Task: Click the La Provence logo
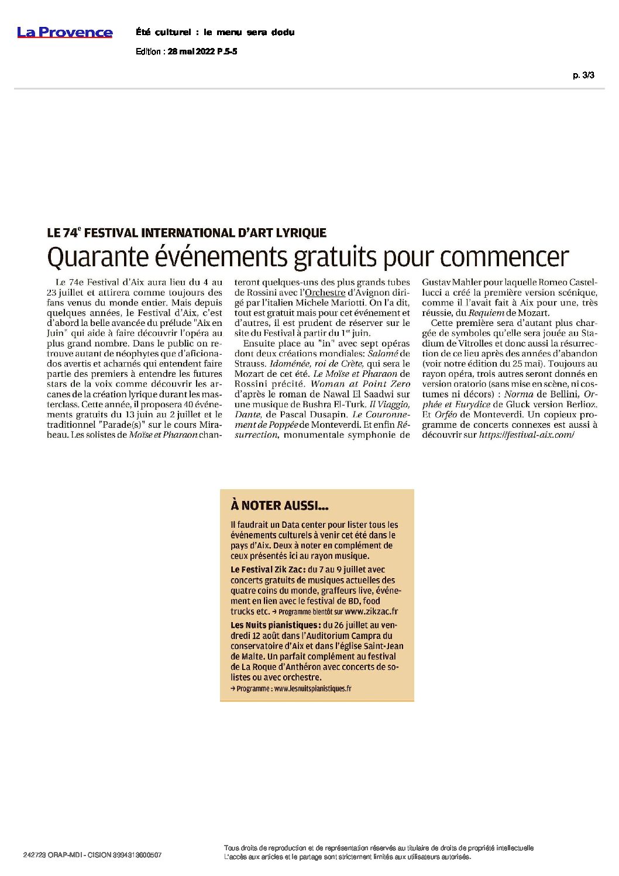coord(64,32)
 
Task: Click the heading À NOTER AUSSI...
coord(272,505)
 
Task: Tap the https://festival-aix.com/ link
coord(526,436)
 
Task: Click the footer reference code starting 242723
coord(92,856)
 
